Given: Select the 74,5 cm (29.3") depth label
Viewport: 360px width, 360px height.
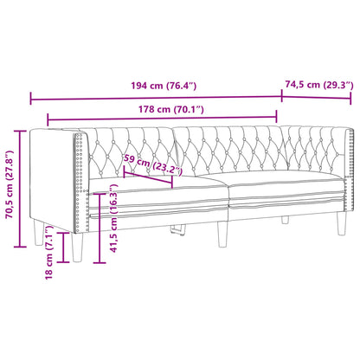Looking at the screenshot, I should [x=318, y=86].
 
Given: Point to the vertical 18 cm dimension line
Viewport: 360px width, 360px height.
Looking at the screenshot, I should [x=65, y=250].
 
